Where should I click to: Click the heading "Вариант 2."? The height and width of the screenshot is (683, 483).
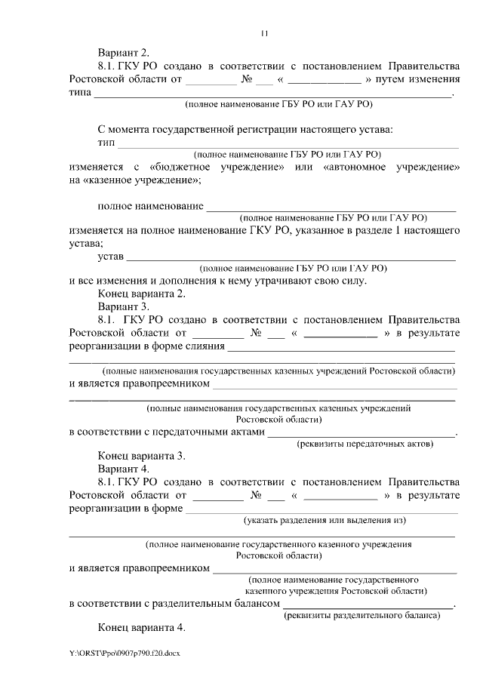pos(124,53)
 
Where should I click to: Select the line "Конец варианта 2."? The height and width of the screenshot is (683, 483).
pos(142,294)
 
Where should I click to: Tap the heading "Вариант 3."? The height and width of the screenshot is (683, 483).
pos(124,307)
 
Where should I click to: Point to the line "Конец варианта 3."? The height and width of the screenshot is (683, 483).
pos(142,456)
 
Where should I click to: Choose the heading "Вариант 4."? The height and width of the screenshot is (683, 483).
pos(124,469)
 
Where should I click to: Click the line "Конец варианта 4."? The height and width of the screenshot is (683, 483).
pos(142,628)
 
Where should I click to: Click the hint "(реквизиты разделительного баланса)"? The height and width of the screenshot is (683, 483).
pos(361,616)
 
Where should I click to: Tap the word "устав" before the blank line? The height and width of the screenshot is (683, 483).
pos(111,257)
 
